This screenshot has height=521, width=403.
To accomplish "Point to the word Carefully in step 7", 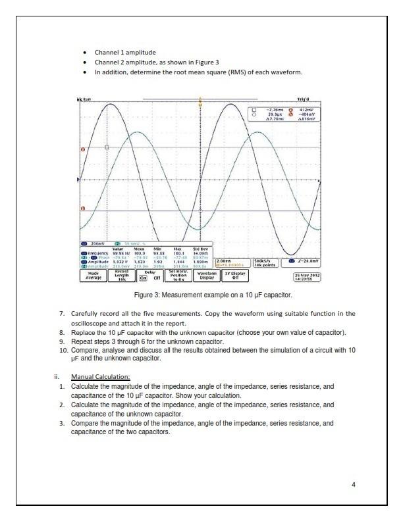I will [86, 313].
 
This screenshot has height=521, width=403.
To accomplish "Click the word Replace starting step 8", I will [83, 333].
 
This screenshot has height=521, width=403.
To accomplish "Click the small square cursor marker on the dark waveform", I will [107, 147].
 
